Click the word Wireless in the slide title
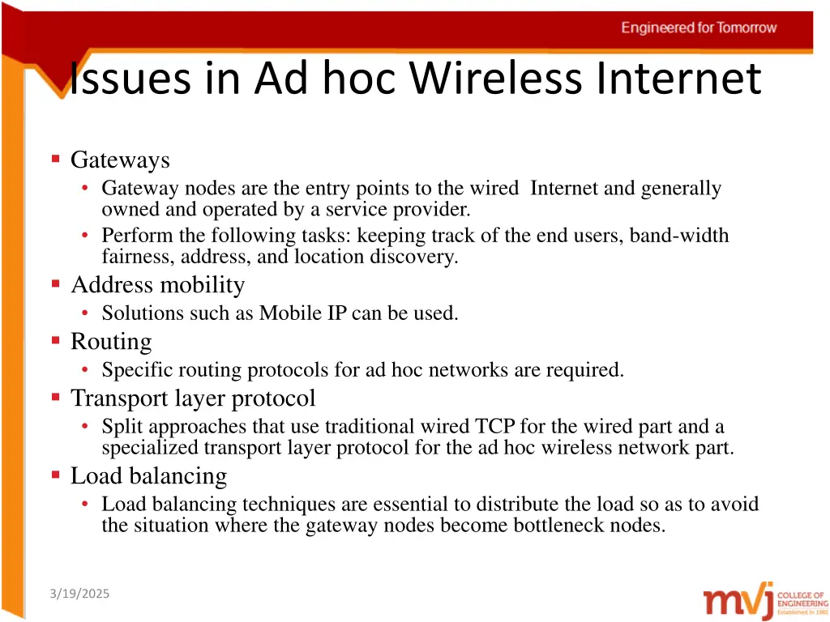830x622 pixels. click(495, 79)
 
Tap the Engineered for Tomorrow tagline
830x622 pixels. click(699, 28)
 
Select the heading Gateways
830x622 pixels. click(120, 160)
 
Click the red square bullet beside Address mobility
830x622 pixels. click(56, 284)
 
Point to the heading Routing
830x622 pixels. click(111, 342)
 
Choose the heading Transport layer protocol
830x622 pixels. click(193, 398)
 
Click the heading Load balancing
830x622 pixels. click(148, 475)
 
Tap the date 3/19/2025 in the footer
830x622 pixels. click(79, 594)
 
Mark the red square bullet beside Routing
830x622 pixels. click(56, 341)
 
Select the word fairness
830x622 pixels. click(130, 257)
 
